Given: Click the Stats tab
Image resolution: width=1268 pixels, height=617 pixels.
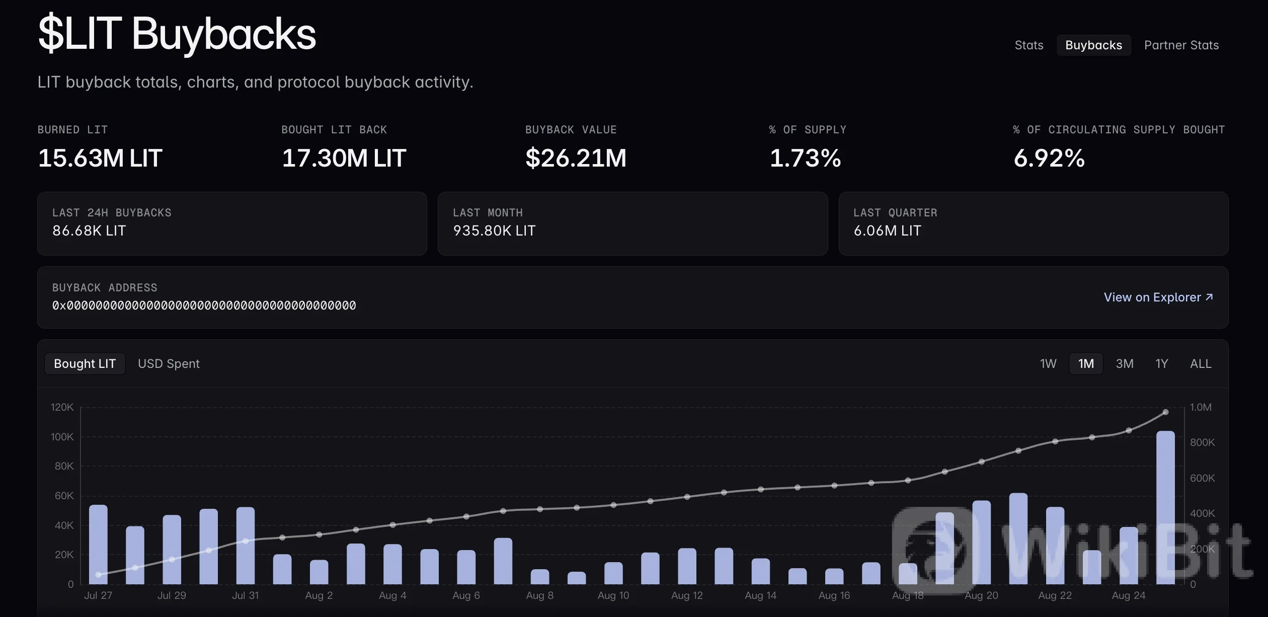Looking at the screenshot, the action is [x=1029, y=45].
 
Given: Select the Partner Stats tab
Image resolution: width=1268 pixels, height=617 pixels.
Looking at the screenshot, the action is [x=1181, y=45].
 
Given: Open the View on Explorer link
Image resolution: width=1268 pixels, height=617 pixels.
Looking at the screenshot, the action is [x=1158, y=297].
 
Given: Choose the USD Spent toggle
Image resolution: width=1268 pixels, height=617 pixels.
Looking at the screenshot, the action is [x=169, y=364].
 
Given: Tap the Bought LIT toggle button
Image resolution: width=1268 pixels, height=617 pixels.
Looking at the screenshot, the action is [x=85, y=364].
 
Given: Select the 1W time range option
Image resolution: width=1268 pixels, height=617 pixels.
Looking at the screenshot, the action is [x=1048, y=364].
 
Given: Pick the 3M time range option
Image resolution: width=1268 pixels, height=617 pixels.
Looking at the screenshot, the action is [x=1125, y=364].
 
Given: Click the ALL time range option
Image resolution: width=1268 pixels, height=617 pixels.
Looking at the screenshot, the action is [x=1201, y=364].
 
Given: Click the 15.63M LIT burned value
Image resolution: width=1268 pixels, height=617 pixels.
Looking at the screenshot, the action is [x=100, y=158].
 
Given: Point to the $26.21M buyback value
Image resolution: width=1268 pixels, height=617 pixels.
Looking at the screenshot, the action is [x=576, y=158].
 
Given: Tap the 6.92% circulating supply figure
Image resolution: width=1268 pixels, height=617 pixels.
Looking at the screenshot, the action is [x=1049, y=158].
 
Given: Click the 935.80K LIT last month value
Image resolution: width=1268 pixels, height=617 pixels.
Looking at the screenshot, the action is [x=494, y=230].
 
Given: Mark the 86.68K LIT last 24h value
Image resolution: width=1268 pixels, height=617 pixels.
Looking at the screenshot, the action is [x=89, y=230].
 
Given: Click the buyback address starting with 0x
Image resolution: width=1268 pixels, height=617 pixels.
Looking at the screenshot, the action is [x=204, y=305].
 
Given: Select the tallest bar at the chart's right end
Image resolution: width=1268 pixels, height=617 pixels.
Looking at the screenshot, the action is [x=1165, y=507].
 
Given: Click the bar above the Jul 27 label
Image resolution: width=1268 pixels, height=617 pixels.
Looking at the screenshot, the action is [x=98, y=545].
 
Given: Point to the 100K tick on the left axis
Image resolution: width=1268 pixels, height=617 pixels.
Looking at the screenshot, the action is [x=62, y=437].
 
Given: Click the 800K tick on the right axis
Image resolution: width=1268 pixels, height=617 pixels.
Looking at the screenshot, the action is [x=1202, y=442].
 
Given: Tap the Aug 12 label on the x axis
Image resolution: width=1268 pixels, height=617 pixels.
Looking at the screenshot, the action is [x=687, y=595].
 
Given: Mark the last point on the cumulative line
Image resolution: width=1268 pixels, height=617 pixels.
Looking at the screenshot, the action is [x=1165, y=412].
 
